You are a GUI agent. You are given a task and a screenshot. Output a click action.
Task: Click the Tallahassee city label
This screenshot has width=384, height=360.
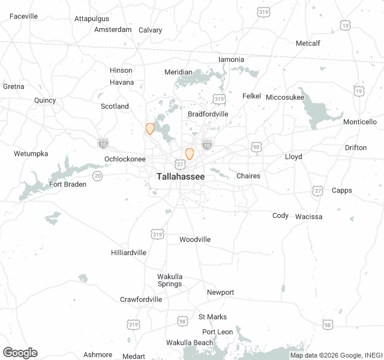pyautogui.click(x=180, y=177)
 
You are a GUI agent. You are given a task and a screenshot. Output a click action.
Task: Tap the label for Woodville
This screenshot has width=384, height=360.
pyautogui.click(x=195, y=239)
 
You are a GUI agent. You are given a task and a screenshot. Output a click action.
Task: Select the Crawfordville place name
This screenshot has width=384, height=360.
pyautogui.click(x=141, y=299)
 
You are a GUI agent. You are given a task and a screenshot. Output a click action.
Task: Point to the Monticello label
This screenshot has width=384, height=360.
pyautogui.click(x=359, y=122)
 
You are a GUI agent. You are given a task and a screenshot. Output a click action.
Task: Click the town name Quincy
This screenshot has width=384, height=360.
pyautogui.click(x=45, y=100)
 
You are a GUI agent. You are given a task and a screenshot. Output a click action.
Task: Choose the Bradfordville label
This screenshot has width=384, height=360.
pyautogui.click(x=208, y=114)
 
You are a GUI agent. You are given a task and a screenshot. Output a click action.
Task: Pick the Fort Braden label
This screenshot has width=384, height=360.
pyautogui.click(x=68, y=184)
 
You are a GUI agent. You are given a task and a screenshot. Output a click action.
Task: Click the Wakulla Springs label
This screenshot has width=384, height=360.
pyautogui.click(x=170, y=280)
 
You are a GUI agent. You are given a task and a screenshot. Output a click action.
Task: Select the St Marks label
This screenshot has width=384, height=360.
pyautogui.click(x=212, y=317)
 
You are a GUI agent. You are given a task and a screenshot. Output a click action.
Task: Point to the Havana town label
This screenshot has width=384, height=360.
pyautogui.click(x=122, y=82)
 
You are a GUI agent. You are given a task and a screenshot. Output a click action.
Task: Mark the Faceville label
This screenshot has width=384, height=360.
pyautogui.click(x=24, y=16)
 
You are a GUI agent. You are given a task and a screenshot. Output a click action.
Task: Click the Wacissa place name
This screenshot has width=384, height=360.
pyautogui.click(x=308, y=217)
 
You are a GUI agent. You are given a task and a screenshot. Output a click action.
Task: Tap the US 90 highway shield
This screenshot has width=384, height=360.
pyautogui.click(x=256, y=146)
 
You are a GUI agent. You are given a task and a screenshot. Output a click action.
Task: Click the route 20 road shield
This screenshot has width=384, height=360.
pyautogui.click(x=97, y=175)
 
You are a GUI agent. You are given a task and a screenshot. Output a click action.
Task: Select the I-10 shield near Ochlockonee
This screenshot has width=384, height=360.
pyautogui.click(x=103, y=143)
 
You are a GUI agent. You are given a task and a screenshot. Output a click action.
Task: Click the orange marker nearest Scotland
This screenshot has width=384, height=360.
pyautogui.click(x=150, y=128)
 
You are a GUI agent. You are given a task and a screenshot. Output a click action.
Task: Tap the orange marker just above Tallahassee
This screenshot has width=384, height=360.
pyautogui.click(x=190, y=154)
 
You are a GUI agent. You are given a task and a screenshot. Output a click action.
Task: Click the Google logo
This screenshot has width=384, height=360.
pyautogui.click(x=20, y=353)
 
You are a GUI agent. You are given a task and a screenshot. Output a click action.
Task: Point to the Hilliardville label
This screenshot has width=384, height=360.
pyautogui.click(x=128, y=253)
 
